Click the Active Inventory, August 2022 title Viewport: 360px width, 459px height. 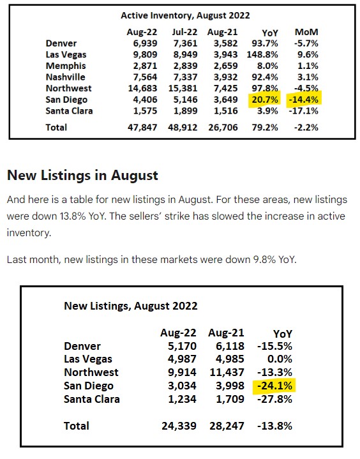[x=185, y=15]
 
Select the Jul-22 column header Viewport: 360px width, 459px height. [x=184, y=32]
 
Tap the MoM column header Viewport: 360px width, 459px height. [x=306, y=32]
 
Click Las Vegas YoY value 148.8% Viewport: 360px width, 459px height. [x=262, y=54]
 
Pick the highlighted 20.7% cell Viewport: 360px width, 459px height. [x=265, y=100]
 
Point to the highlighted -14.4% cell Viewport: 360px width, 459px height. [x=304, y=100]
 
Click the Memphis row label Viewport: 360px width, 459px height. [x=66, y=66]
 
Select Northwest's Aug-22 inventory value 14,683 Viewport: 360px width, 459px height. [x=142, y=88]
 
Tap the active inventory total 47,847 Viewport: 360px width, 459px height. [x=142, y=128]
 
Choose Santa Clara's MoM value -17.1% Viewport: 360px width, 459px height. [x=304, y=111]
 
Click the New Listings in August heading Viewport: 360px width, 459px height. [x=82, y=176]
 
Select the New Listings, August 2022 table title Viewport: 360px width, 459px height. [x=131, y=306]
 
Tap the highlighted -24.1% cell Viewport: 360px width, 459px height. [x=274, y=386]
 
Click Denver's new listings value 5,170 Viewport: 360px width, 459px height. [x=182, y=346]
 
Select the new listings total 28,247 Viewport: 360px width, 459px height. [x=227, y=426]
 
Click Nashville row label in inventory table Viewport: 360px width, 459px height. [x=66, y=77]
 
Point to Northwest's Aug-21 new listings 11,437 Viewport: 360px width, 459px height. [x=227, y=373]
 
